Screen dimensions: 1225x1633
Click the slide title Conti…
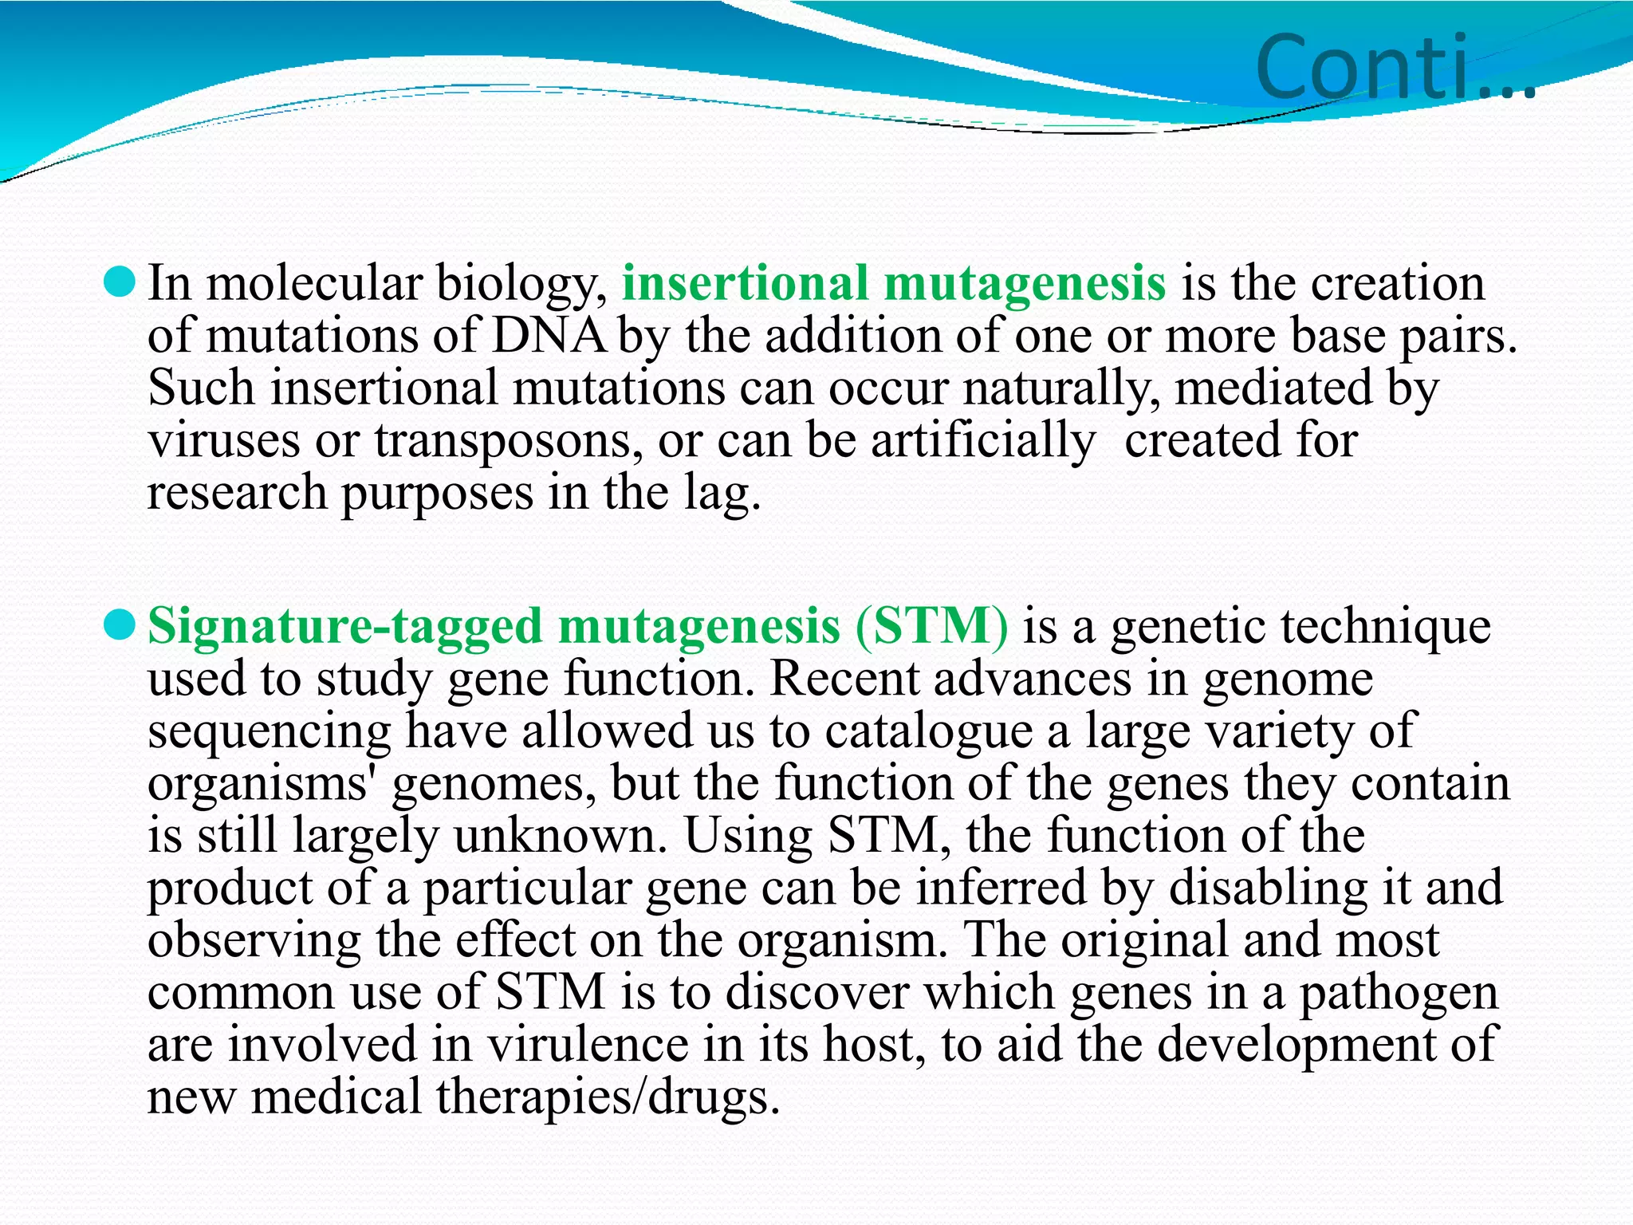(x=1395, y=67)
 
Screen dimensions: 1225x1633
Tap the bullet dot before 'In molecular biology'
(x=120, y=282)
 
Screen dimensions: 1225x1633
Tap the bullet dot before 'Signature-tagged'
(x=120, y=625)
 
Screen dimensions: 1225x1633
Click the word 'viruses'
(x=224, y=440)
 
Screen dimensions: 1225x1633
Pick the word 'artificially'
(x=982, y=440)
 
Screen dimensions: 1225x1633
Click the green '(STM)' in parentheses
(x=932, y=625)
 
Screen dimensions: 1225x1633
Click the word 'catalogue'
(x=928, y=731)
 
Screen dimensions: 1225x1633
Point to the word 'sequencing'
(x=270, y=731)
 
